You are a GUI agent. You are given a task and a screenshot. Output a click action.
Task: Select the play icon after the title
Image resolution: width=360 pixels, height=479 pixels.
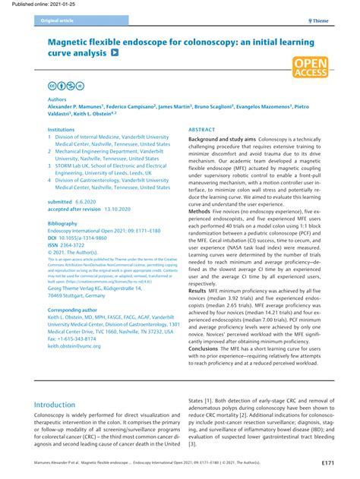tap(115, 53)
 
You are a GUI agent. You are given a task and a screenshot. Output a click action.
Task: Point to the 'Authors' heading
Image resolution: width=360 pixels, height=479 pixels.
tap(58, 99)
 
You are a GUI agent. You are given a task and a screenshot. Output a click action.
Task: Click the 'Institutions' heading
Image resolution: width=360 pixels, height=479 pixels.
tap(62, 130)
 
